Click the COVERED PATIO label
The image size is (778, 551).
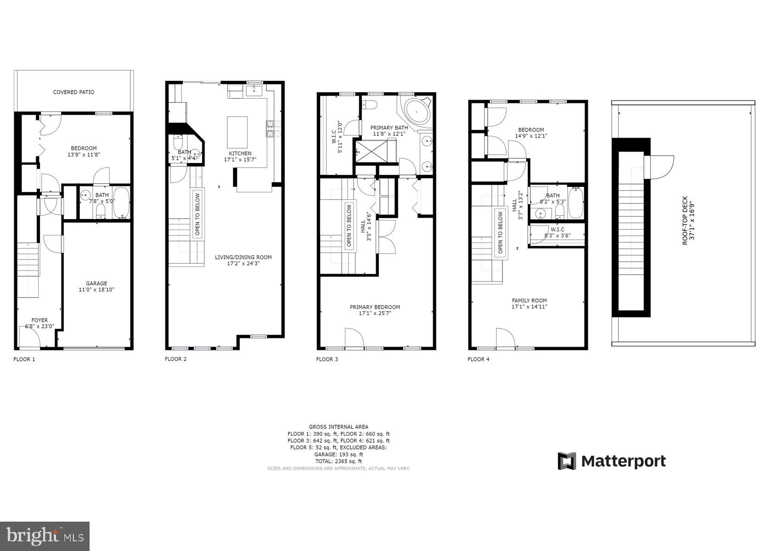73,92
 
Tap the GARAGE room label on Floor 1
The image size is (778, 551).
96,284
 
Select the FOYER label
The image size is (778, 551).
39,320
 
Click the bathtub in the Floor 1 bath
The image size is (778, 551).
121,202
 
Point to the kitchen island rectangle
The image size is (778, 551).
237,132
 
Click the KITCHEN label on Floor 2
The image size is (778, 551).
240,153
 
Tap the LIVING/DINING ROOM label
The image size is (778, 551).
243,258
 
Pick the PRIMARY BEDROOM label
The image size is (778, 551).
375,307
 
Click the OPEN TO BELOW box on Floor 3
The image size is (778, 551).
349,225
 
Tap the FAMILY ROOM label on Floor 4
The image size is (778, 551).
529,301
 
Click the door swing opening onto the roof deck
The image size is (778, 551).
660,167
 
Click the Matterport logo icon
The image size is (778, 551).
567,461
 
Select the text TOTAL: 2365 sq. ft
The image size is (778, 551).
338,461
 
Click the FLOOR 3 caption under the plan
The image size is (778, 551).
327,359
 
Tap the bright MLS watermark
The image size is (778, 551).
45,535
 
